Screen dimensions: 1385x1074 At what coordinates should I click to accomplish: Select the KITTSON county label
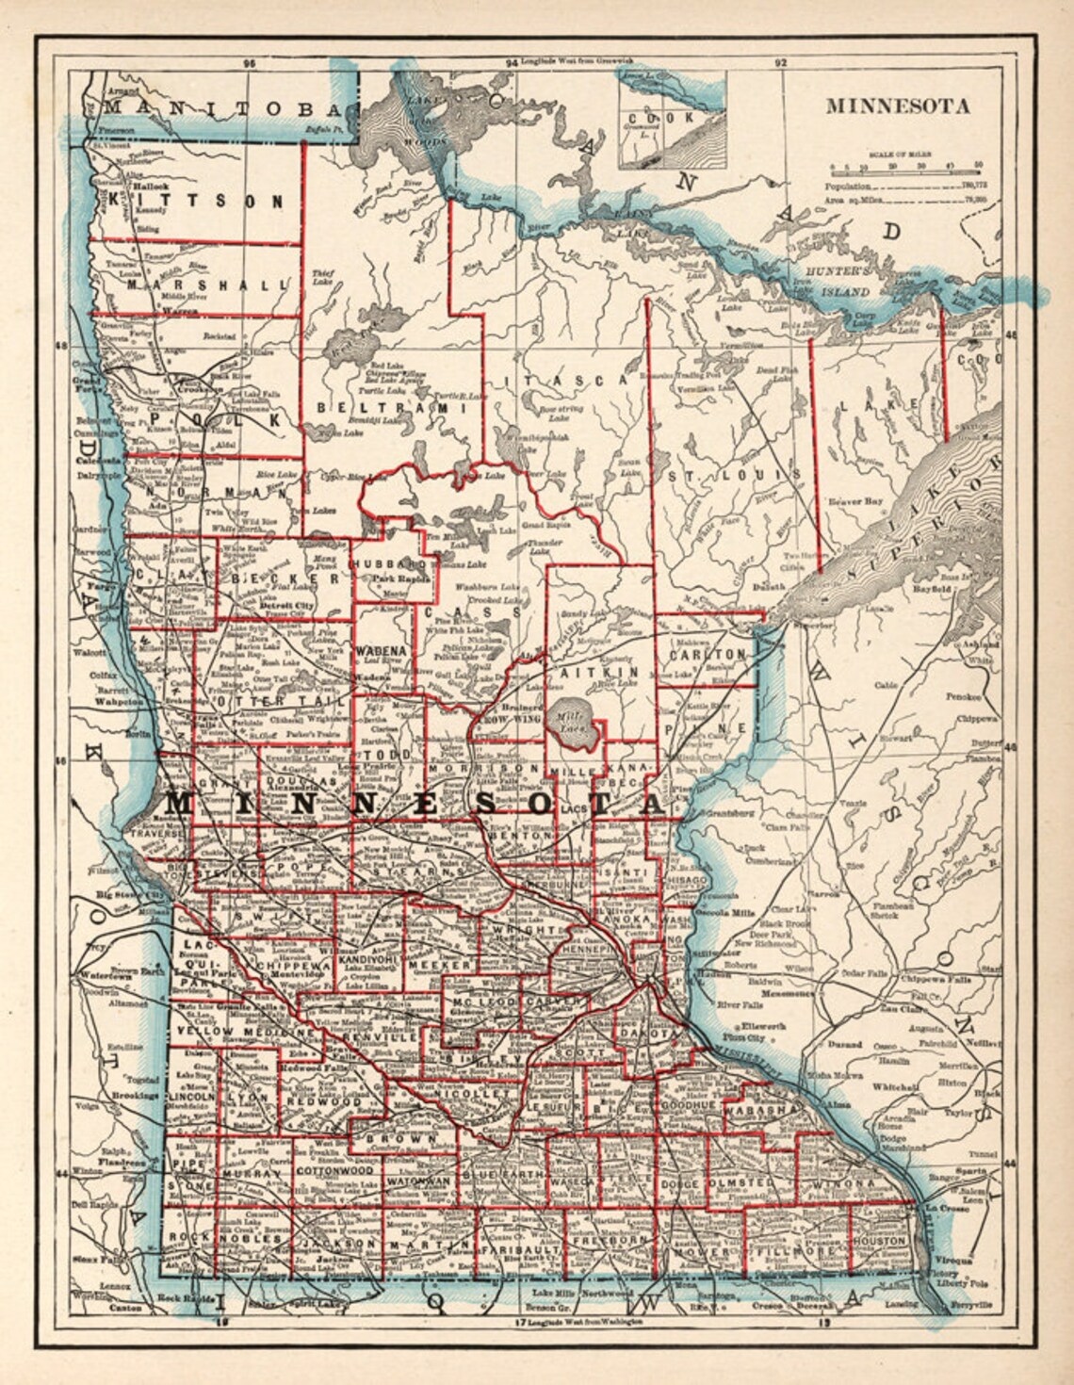(x=196, y=200)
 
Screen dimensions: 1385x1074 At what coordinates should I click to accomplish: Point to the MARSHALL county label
(x=206, y=284)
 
